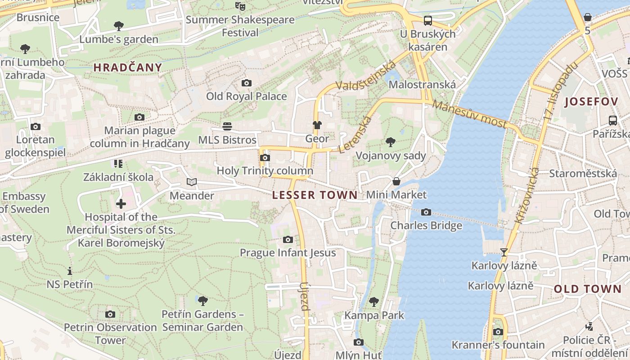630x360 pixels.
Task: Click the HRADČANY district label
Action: point(127,68)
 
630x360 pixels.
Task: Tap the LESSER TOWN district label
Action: point(315,195)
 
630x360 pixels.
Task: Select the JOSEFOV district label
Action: point(591,102)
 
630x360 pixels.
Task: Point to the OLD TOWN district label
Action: point(587,289)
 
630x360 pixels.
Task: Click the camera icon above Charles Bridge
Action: point(426,212)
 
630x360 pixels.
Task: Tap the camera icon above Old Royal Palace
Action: point(246,83)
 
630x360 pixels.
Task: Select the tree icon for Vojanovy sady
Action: point(390,142)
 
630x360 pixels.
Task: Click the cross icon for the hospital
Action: point(121,204)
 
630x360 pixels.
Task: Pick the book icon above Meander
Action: point(192,182)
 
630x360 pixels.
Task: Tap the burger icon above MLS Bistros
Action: point(227,126)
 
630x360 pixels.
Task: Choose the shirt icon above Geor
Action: point(317,125)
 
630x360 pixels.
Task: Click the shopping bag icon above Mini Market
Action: point(396,181)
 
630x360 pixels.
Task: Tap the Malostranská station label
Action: point(422,85)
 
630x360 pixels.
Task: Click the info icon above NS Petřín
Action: point(69,271)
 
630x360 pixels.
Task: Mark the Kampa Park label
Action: point(374,315)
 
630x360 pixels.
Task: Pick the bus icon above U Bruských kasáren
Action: point(427,20)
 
